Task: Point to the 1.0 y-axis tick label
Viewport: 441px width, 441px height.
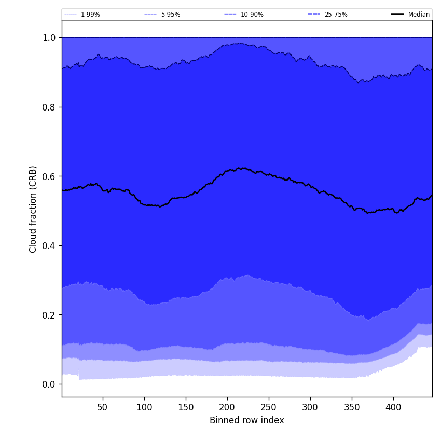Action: [49, 38]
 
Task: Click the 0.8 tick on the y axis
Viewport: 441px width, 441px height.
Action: [49, 107]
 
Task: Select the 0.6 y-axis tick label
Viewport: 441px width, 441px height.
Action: [49, 176]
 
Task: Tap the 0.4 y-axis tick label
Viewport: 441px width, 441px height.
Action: [49, 245]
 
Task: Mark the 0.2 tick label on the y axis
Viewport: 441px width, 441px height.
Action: [49, 315]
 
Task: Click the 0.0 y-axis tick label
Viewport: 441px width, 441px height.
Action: [49, 384]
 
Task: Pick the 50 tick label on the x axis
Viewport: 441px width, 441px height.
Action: [102, 408]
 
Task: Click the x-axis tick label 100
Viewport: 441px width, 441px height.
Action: [144, 408]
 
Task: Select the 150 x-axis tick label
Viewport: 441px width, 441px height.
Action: [186, 408]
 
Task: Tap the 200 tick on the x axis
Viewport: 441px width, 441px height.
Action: [227, 408]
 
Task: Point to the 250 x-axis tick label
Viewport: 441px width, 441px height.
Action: [269, 408]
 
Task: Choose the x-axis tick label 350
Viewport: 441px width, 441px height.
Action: [352, 408]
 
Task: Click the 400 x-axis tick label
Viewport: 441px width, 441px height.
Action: [393, 408]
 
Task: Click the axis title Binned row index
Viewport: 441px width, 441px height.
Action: [247, 420]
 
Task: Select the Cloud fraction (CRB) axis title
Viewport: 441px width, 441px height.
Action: [33, 209]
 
